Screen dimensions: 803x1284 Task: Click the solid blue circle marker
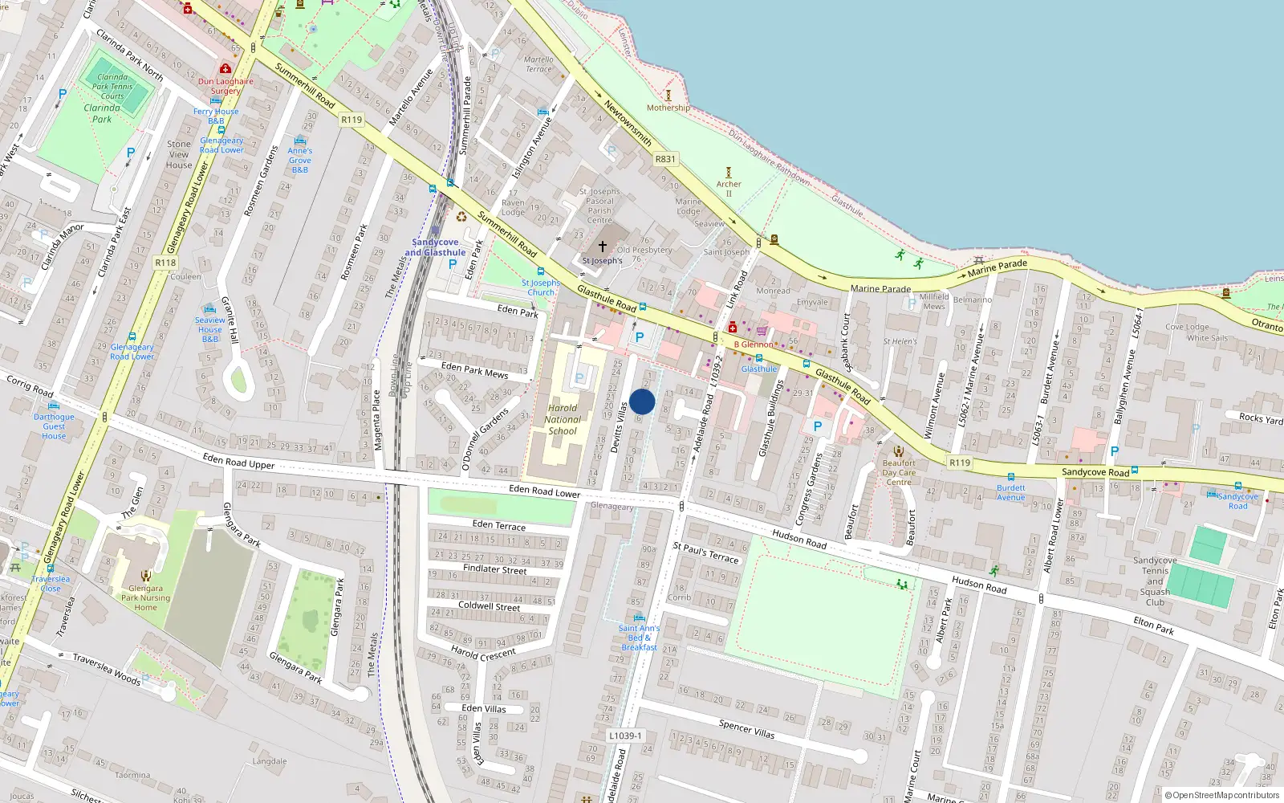click(x=642, y=401)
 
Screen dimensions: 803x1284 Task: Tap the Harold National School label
click(x=563, y=419)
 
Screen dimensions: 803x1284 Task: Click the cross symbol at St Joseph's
click(x=603, y=247)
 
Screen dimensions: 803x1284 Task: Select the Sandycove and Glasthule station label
click(x=435, y=247)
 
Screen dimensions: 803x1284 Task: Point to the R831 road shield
click(x=665, y=159)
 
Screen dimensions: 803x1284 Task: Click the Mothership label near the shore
click(x=668, y=108)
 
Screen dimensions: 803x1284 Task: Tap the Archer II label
click(x=729, y=189)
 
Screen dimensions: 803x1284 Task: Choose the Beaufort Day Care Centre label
click(x=899, y=472)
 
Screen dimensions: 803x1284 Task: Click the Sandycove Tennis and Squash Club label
click(x=1155, y=581)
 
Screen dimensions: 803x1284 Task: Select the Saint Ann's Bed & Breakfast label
click(x=639, y=638)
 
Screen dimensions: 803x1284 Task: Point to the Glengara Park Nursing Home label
click(x=145, y=597)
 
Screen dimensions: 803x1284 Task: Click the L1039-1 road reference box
click(x=625, y=736)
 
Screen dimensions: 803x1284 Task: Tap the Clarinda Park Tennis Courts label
click(x=112, y=87)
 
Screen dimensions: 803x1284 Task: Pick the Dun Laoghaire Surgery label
click(x=226, y=86)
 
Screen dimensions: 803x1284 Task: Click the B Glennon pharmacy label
click(x=754, y=344)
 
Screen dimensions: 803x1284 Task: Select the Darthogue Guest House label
click(x=54, y=426)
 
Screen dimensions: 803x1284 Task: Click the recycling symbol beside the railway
click(x=461, y=216)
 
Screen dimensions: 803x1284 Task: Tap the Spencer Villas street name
click(x=746, y=728)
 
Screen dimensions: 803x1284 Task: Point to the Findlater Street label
click(x=495, y=569)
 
